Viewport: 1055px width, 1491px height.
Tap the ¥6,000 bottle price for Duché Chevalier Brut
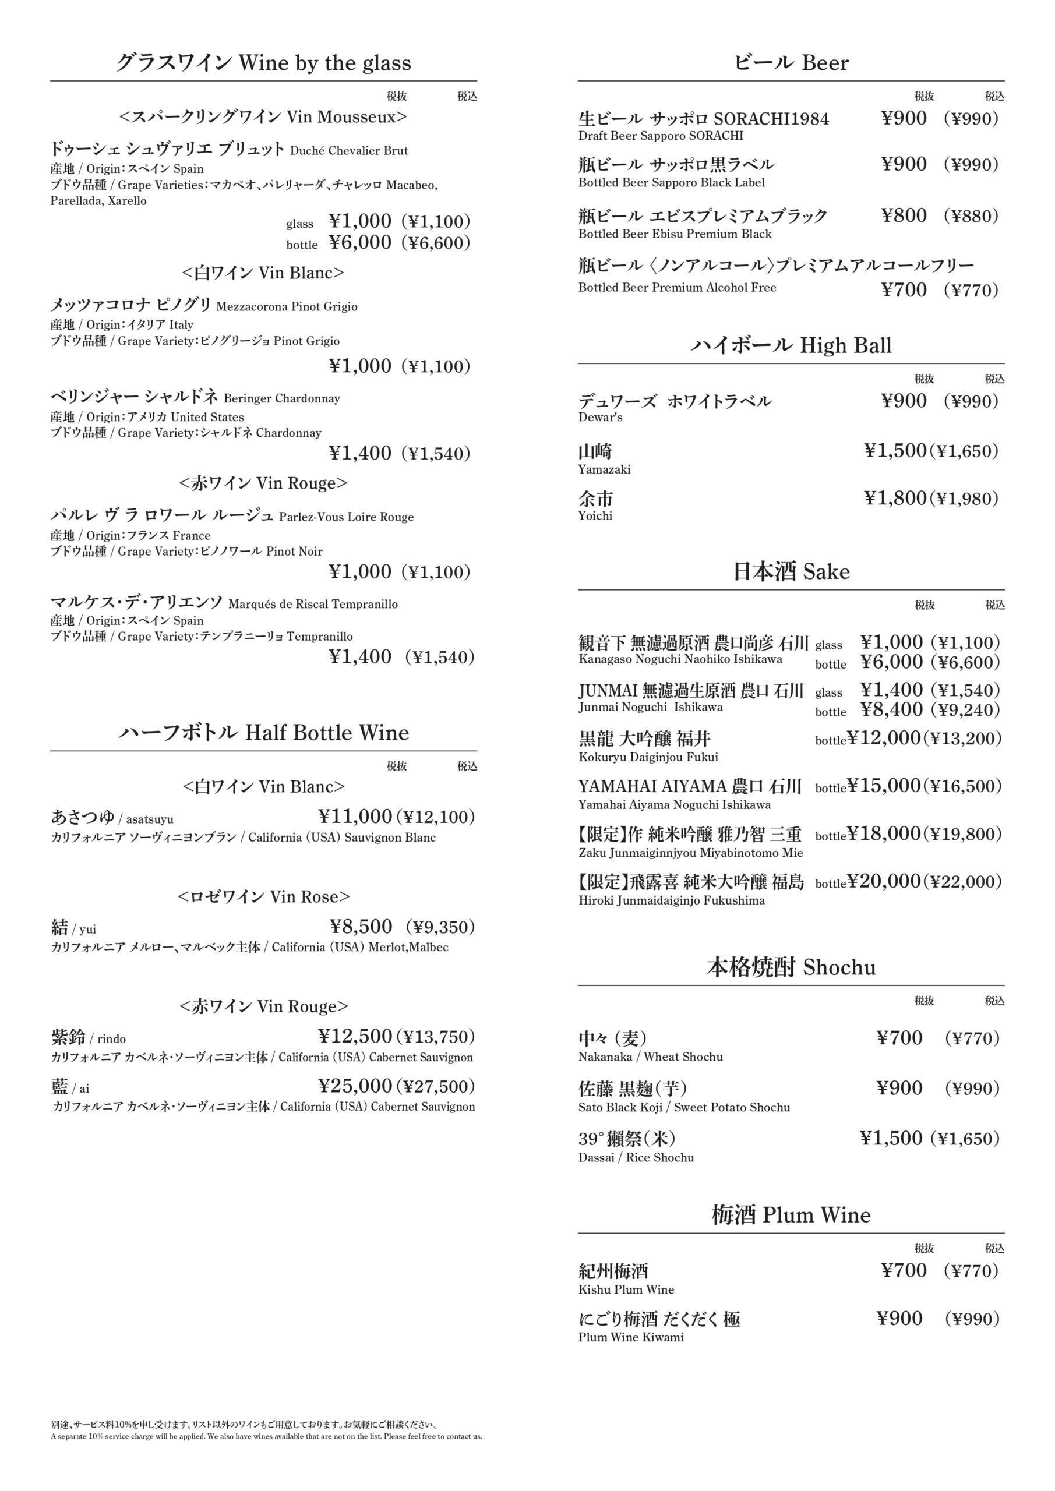click(360, 243)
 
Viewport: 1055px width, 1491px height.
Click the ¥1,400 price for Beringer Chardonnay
click(360, 453)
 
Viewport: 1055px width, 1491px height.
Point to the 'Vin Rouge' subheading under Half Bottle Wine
click(263, 1006)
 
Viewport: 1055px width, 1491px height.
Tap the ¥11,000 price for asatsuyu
click(355, 817)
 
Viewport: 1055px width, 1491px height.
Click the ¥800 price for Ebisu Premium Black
click(904, 215)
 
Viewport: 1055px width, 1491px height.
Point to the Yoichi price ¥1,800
click(895, 498)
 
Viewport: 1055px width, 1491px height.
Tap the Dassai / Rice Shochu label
click(636, 1157)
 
